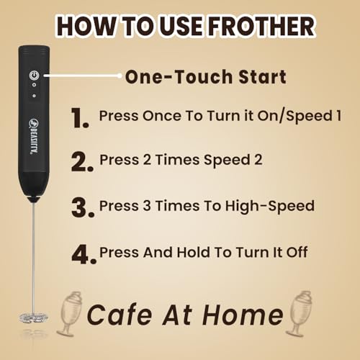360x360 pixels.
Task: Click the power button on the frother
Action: click(34, 75)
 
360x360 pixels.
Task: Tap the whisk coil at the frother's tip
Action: click(34, 318)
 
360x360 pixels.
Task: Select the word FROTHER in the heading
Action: click(261, 26)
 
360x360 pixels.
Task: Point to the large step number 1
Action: click(80, 117)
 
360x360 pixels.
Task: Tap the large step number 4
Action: click(84, 254)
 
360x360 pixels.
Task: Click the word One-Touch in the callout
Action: click(178, 77)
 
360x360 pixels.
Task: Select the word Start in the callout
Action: click(262, 77)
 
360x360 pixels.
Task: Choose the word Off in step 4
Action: click(297, 252)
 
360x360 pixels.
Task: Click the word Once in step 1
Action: click(162, 116)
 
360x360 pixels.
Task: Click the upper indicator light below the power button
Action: click(35, 85)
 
